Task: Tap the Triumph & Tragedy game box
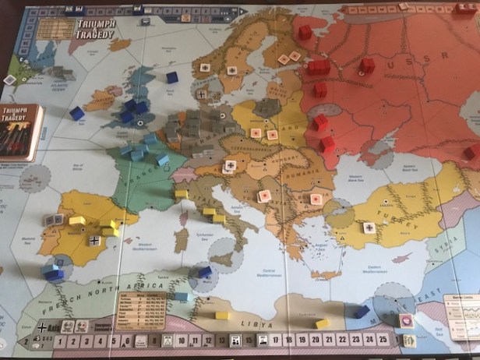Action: point(20,132)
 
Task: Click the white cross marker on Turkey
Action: point(369,228)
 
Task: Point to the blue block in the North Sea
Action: point(171,77)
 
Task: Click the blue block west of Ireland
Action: point(76,113)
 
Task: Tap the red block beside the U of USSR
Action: point(367,65)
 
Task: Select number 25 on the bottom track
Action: point(382,340)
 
